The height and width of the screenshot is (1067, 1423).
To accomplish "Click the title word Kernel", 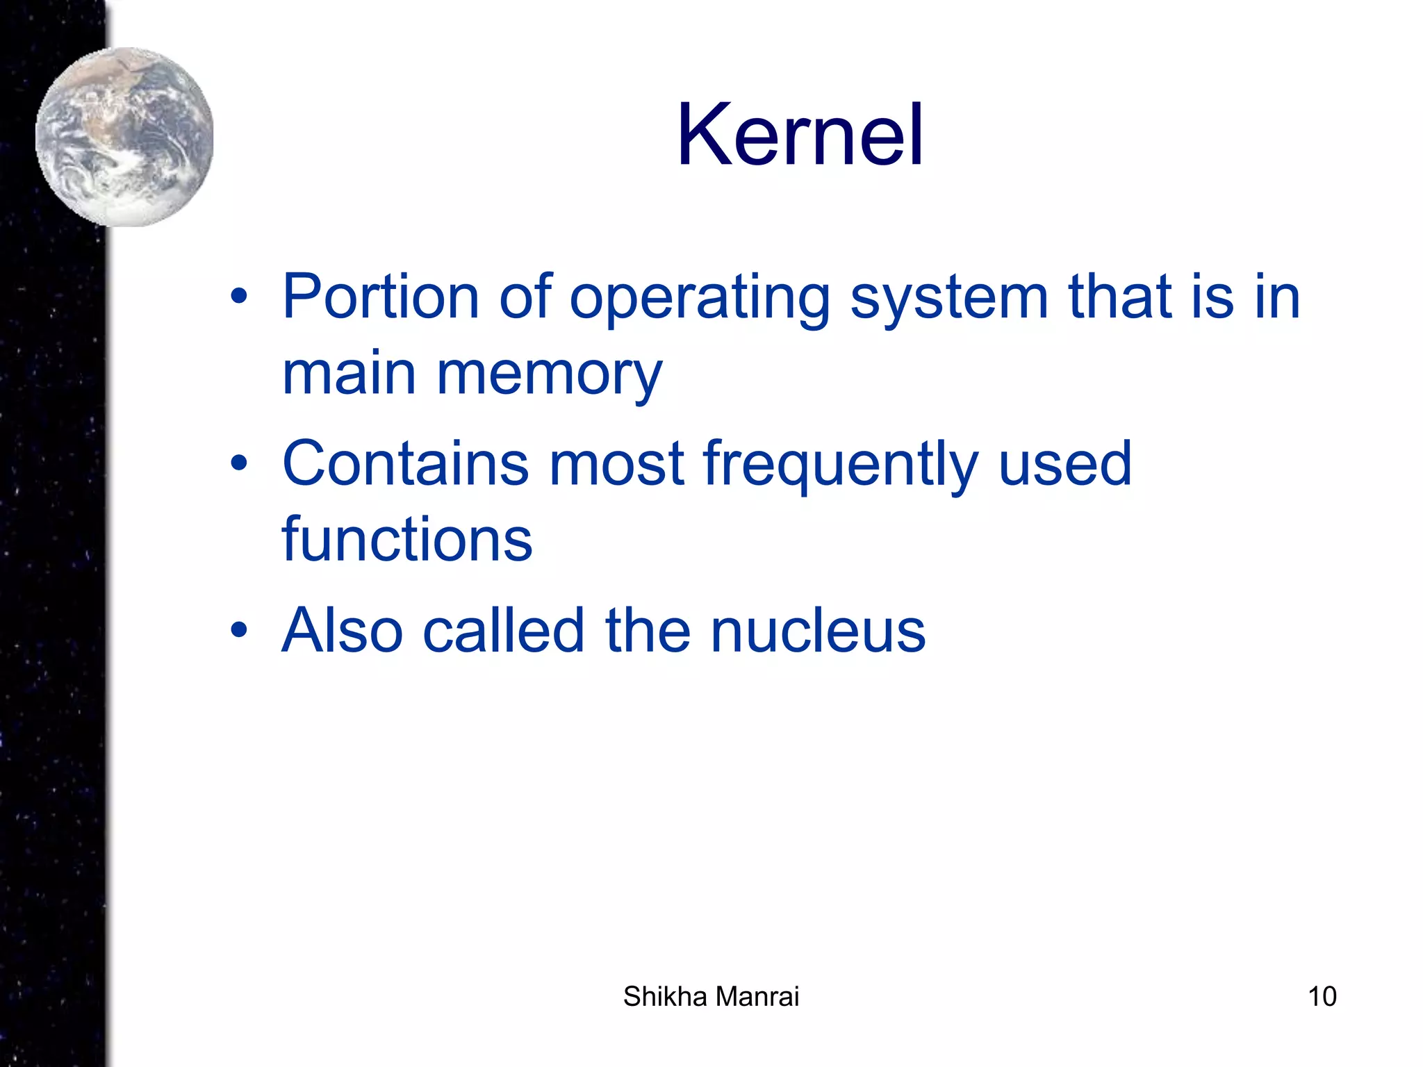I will coord(800,135).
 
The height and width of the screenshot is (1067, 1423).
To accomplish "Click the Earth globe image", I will coord(124,137).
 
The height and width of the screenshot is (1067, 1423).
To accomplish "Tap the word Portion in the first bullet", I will coord(381,297).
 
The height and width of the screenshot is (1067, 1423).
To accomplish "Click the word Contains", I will coord(405,464).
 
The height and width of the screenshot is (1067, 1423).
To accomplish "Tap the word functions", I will coord(407,540).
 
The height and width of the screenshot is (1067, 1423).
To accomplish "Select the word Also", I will coord(342,631).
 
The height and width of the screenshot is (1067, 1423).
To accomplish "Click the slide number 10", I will coord(1322,996).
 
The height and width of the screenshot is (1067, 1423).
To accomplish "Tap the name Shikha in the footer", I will coord(664,996).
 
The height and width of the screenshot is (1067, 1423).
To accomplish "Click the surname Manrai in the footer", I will coord(757,996).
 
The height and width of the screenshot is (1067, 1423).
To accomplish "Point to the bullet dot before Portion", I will coord(239,297).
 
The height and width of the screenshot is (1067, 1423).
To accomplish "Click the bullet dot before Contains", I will coord(239,463).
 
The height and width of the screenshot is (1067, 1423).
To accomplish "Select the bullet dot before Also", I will coord(239,630).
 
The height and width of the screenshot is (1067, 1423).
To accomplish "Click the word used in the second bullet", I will coord(1064,464).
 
